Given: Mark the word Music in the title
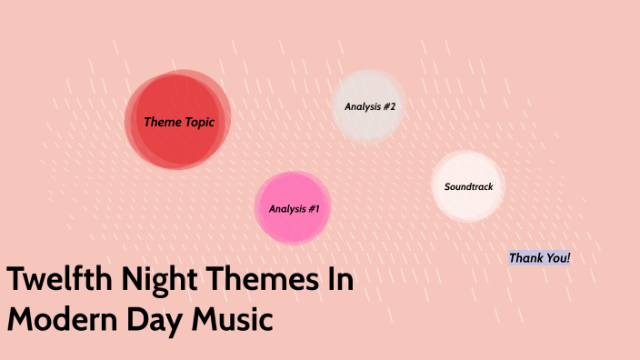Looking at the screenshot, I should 236,320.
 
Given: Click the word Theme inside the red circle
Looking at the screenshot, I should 163,122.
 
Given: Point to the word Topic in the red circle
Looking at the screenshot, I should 200,122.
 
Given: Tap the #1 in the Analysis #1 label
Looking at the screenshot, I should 313,209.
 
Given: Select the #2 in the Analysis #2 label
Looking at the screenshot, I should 388,106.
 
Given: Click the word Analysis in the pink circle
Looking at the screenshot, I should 286,209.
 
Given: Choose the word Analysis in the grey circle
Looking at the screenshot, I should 362,106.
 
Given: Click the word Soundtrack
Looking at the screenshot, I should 468,186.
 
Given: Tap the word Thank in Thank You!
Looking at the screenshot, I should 526,258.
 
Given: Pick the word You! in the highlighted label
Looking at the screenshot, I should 557,258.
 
